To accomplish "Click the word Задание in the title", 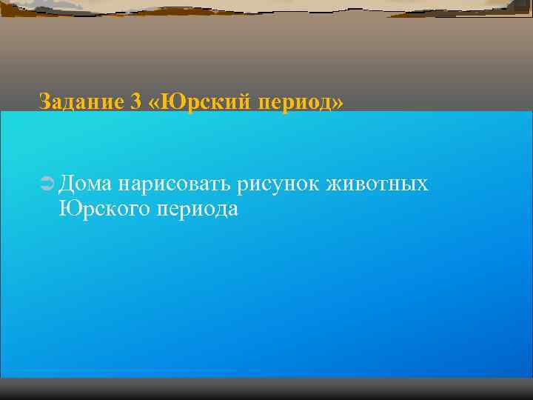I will tap(79, 101).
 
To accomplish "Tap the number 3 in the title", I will tap(135, 101).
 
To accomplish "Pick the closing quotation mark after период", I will tap(338, 102).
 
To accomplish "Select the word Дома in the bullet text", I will tap(85, 182).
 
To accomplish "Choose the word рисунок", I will tap(276, 183).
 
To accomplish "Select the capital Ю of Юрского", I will tap(67, 208).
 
